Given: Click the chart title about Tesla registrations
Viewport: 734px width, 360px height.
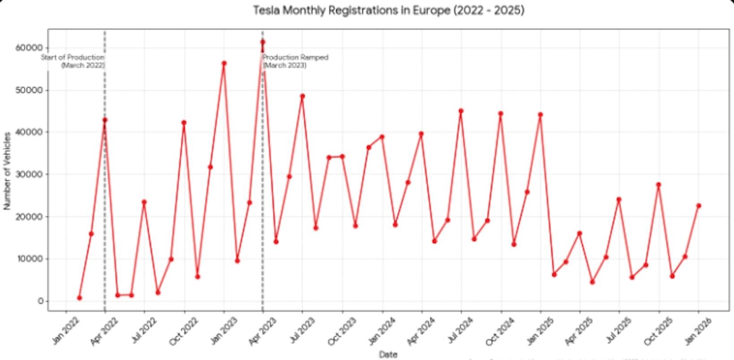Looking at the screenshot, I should tap(388, 10).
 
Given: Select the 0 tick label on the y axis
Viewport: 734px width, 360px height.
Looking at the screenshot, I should tap(41, 301).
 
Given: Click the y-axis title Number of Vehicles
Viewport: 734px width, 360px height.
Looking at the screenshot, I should tap(7, 171).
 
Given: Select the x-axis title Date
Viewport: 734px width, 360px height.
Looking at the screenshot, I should tap(388, 354).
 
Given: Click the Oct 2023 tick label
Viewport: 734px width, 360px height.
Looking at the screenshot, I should tap(342, 331).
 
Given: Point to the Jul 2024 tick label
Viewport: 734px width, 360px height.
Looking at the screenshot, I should tap(461, 331).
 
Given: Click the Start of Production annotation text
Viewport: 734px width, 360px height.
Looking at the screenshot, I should tap(73, 61).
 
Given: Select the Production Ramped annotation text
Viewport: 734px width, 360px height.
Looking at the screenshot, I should tap(295, 61).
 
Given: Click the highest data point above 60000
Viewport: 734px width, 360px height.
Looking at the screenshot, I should tap(263, 42).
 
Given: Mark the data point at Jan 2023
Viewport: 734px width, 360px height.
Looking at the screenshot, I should tap(224, 63).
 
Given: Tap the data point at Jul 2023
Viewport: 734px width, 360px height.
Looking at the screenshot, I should tap(303, 96).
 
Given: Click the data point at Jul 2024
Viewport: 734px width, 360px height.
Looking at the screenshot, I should tap(461, 111).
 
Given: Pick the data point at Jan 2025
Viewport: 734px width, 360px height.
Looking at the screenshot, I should tap(540, 115).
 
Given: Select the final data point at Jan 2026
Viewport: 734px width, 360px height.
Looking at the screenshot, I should tap(698, 206).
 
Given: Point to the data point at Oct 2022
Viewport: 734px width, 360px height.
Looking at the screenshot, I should tap(184, 122).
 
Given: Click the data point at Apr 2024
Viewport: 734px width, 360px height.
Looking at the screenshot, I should tap(421, 133).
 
